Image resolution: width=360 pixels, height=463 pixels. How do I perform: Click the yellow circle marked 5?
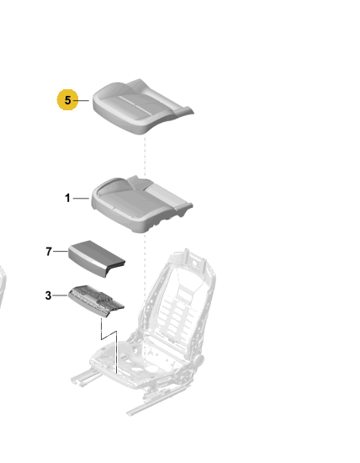click(67, 100)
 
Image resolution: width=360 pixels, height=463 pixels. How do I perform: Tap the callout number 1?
click(67, 198)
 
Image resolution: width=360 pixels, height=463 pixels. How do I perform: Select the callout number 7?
click(49, 252)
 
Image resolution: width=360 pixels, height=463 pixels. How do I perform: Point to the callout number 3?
click(49, 295)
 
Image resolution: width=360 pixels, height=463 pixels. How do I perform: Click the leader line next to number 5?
click(81, 100)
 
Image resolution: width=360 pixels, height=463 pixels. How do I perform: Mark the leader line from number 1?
click(81, 199)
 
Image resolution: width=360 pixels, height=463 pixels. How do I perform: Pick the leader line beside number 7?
click(61, 252)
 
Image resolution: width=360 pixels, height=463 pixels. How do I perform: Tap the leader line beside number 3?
click(61, 295)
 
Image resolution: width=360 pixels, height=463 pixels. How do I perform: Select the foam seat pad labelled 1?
click(141, 205)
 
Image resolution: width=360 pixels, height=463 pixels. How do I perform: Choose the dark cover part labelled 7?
click(97, 258)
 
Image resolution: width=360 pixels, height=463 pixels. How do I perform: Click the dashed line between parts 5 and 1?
click(145, 156)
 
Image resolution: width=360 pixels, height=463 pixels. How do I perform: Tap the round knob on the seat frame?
click(199, 360)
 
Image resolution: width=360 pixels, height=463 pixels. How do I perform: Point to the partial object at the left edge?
click(3, 286)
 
